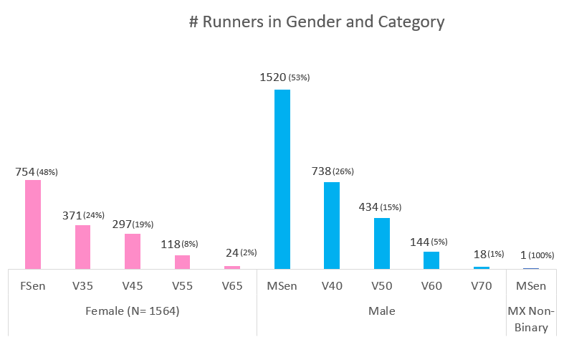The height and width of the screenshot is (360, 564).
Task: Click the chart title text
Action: point(317,22)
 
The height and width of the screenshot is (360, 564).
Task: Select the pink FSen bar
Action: point(33,224)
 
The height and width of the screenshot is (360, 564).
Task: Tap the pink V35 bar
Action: point(82,247)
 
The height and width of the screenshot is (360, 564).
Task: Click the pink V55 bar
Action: point(182,262)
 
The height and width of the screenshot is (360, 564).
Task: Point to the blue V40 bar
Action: point(332,225)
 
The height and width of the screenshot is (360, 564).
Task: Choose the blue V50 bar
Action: point(382,243)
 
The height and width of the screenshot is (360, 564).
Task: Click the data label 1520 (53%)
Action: point(285,77)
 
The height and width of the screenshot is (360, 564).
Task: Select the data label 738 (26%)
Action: point(333,171)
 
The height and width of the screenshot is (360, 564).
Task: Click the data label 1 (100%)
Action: point(531,255)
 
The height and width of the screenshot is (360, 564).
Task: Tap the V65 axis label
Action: point(232,286)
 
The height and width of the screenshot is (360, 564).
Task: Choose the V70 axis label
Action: point(481,286)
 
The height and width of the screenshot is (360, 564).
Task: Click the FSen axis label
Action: point(33,286)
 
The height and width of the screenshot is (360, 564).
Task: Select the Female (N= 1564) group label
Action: point(133,311)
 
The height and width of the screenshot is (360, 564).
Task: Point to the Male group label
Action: point(381,311)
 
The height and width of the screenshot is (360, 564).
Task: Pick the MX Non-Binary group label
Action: point(531,320)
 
